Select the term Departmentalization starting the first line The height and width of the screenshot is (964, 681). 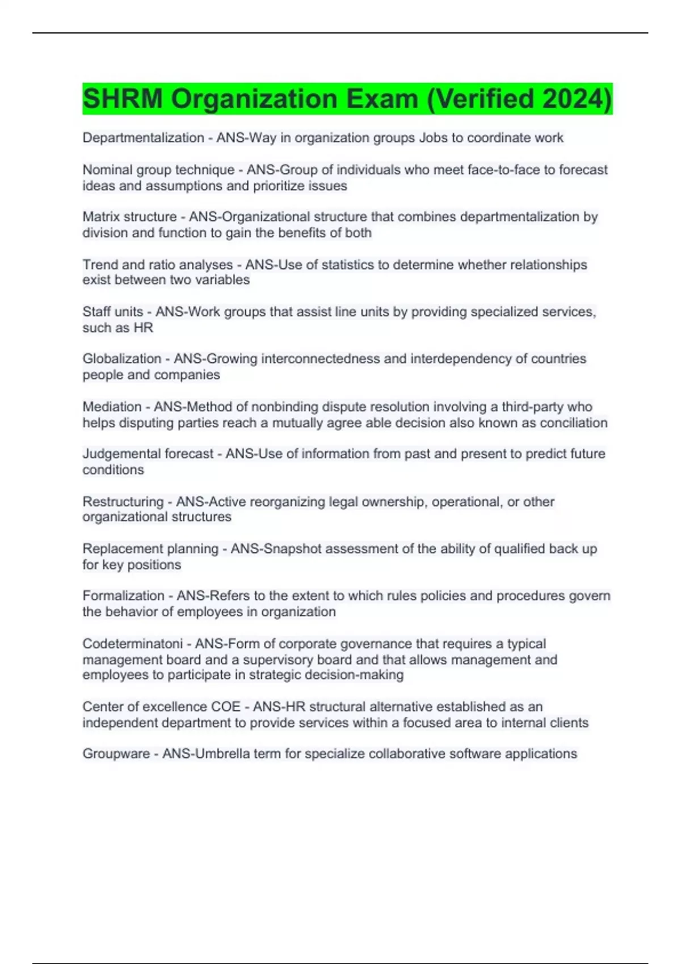pos(143,138)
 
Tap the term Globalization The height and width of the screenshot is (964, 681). pos(121,359)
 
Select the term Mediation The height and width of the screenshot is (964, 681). pos(112,407)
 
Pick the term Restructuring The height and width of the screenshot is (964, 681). pos(123,502)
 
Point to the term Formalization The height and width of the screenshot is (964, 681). pos(123,596)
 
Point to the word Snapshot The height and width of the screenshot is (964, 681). pos(293,549)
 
